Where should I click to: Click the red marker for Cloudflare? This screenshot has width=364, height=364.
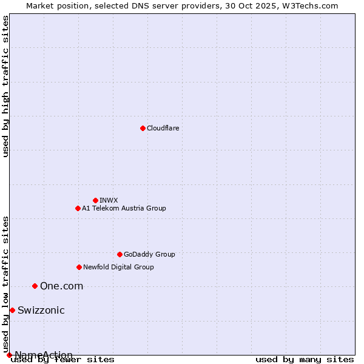[143, 128]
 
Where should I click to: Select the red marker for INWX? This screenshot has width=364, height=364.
[95, 200]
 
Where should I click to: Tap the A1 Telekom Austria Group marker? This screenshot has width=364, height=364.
[78, 208]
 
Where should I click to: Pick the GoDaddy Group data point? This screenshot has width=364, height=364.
[120, 254]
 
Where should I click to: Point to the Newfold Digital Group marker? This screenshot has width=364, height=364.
[79, 267]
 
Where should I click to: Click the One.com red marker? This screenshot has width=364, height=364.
[35, 286]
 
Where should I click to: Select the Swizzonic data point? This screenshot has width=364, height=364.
[12, 310]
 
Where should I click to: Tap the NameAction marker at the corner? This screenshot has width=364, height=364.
[9, 355]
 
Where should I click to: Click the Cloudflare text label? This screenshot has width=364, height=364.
[163, 128]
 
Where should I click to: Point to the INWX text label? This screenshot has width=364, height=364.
[109, 200]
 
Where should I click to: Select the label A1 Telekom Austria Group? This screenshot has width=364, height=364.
[124, 208]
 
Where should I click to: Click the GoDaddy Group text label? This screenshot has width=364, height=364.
[149, 254]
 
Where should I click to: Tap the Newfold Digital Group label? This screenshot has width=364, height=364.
[118, 267]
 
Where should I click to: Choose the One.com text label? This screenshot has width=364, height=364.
[61, 286]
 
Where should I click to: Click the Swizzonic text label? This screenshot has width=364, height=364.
[41, 310]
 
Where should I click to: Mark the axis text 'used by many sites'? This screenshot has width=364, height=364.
[305, 359]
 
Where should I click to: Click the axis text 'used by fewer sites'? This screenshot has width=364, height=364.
[62, 359]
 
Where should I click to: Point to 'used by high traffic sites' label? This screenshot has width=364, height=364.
[6, 86]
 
